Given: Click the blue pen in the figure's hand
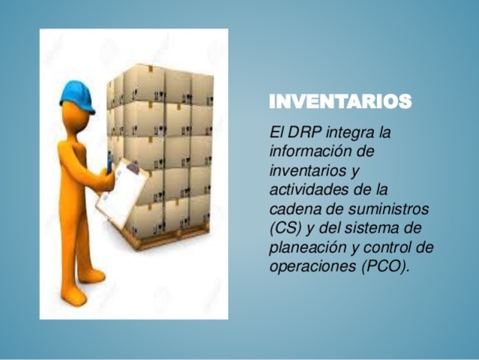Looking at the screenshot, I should point(110,160).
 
